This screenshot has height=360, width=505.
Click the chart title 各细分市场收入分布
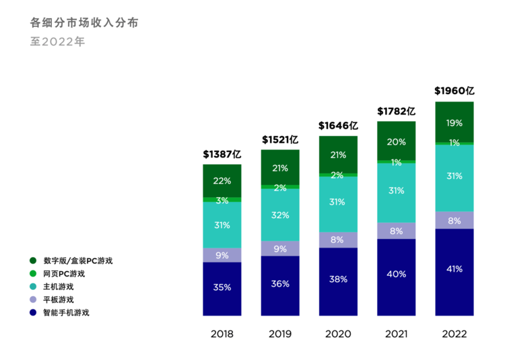84,22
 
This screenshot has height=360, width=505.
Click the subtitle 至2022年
57,41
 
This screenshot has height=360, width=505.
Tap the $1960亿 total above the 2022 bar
454,91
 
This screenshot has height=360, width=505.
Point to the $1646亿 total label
338,126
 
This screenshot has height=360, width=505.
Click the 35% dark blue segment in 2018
222,288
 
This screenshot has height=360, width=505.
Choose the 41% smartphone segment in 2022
454,269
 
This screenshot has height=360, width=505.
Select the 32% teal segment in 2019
280,215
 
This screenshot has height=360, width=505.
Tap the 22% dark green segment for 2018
222,180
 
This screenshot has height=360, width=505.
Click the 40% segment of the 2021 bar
397,275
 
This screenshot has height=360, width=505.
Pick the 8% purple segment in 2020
338,240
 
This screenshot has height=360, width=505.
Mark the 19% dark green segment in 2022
454,123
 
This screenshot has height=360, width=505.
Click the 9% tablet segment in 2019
280,249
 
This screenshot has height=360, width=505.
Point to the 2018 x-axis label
222,334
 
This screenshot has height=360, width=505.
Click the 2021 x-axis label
397,334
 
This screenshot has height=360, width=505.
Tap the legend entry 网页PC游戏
64,274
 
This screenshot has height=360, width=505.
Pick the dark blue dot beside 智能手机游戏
33,312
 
